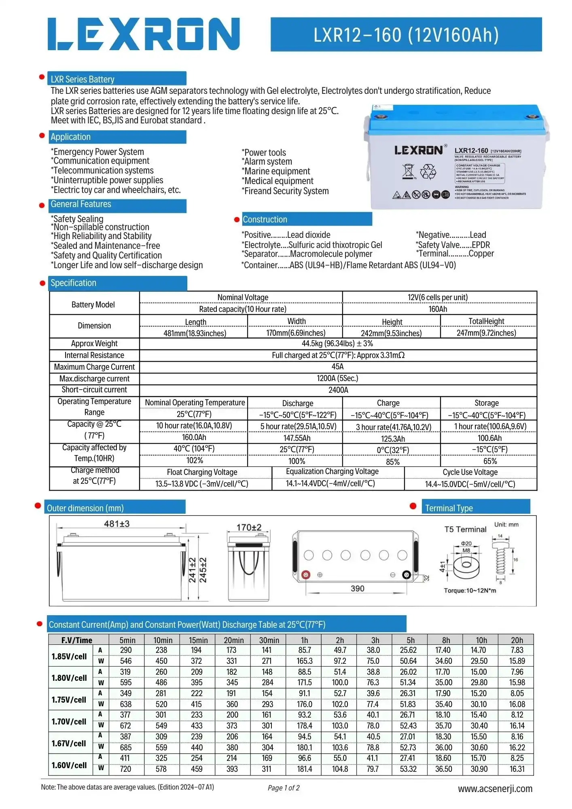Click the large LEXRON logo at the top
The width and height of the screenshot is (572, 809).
pyautogui.click(x=144, y=34)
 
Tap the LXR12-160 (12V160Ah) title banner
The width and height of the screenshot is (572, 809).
pyautogui.click(x=406, y=35)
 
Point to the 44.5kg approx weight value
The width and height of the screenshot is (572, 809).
pyautogui.click(x=337, y=343)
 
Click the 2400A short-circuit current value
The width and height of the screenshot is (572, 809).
pyautogui.click(x=338, y=390)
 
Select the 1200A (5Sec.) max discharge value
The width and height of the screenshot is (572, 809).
pyautogui.click(x=337, y=378)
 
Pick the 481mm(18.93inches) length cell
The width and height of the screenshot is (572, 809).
pyautogui.click(x=195, y=333)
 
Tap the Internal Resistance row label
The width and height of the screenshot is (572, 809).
pyautogui.click(x=94, y=355)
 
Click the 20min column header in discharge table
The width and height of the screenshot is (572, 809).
pyautogui.click(x=234, y=640)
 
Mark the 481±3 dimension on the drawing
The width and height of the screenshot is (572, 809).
pyautogui.click(x=117, y=524)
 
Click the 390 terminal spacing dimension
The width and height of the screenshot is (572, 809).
pyautogui.click(x=357, y=589)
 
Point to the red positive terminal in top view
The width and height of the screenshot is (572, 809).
pyautogui.click(x=306, y=575)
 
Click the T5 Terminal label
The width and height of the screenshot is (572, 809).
pyautogui.click(x=465, y=529)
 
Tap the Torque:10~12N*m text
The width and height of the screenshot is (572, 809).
pyautogui.click(x=470, y=591)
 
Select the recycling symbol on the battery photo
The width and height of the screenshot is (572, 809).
pyautogui.click(x=428, y=172)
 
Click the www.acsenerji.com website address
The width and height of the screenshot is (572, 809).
pyautogui.click(x=495, y=789)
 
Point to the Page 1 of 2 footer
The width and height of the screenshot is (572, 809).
pyautogui.click(x=284, y=788)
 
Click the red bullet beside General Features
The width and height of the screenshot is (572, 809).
pyautogui.click(x=42, y=205)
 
